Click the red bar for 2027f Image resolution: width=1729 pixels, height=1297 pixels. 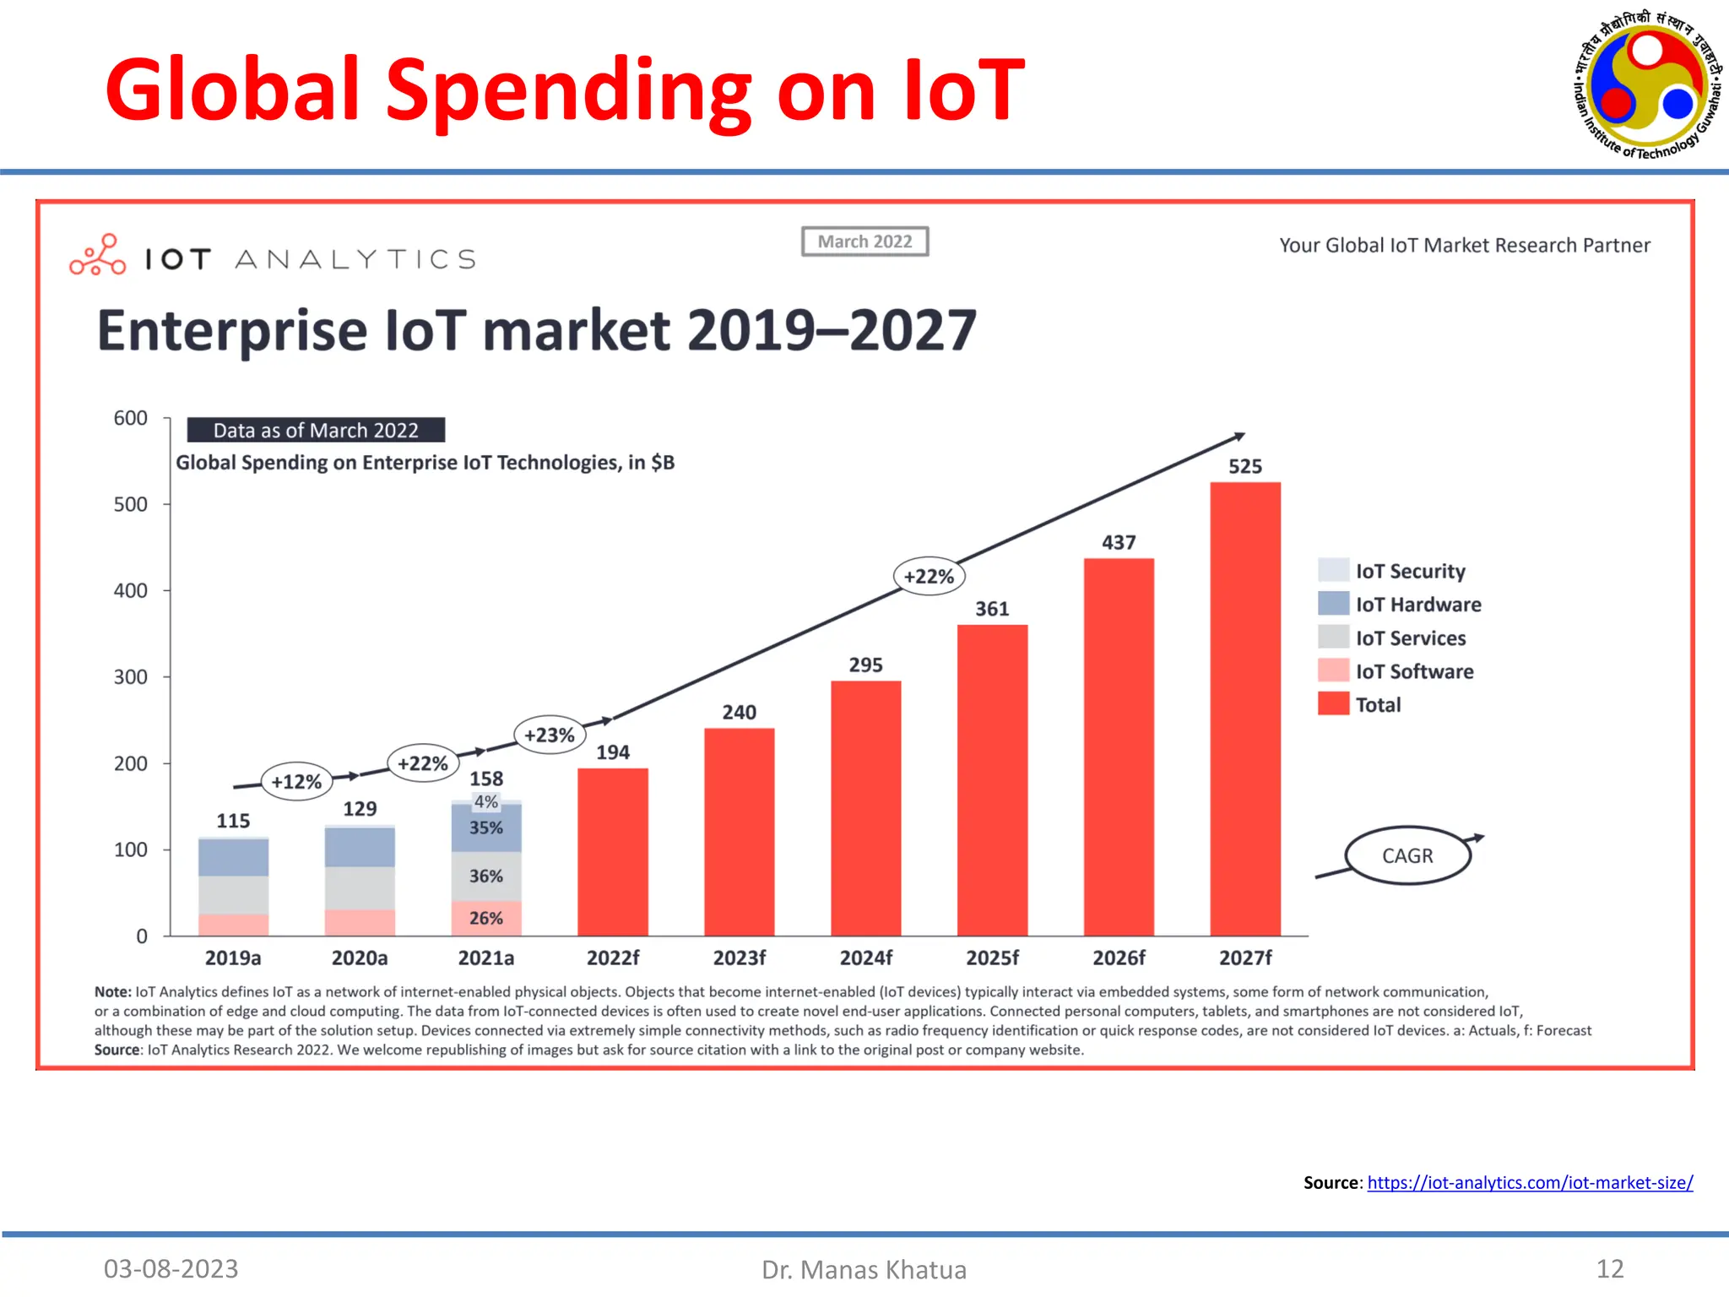pos(1245,709)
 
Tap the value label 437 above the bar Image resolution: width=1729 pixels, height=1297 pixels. pos(1119,543)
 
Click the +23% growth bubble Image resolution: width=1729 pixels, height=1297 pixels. pos(550,735)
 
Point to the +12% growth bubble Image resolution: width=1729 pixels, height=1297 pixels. pos(296,782)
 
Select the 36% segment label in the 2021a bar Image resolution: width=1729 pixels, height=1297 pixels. pos(486,876)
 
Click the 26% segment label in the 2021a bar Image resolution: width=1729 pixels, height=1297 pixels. pos(486,918)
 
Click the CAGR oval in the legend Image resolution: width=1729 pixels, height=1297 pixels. pos(1407,855)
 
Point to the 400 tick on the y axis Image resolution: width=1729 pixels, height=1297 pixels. pos(131,590)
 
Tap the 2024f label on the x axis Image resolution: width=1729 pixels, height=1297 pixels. pos(865,958)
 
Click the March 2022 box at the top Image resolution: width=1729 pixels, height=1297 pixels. pos(864,241)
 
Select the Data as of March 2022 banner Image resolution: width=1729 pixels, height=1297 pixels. pos(316,431)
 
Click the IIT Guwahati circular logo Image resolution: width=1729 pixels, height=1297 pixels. pos(1646,85)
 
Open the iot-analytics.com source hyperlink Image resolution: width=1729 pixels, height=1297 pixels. pos(1530,1182)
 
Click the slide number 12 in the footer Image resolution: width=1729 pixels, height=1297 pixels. pos(1609,1268)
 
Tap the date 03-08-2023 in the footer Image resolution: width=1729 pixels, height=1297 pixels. pos(171,1268)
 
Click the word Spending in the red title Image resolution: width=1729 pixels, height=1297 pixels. pos(568,90)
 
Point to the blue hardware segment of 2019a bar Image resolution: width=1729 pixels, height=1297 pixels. pos(233,857)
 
